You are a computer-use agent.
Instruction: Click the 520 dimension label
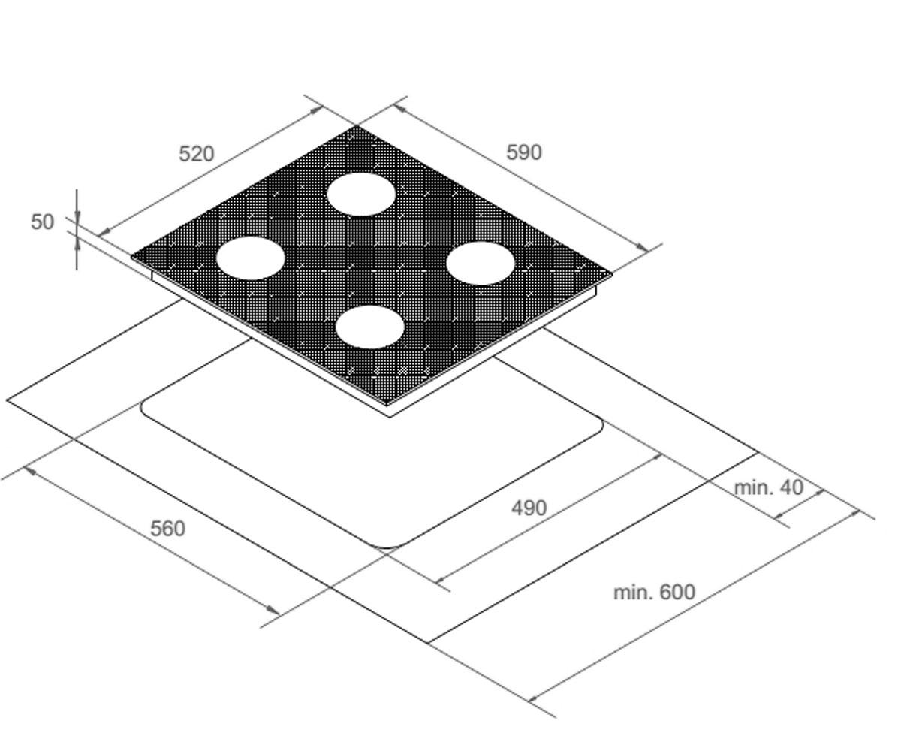tap(196, 154)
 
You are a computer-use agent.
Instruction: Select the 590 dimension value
tap(523, 152)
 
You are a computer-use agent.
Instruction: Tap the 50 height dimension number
tap(42, 222)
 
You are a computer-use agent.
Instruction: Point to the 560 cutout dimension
tap(168, 529)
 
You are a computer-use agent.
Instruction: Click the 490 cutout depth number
tap(529, 508)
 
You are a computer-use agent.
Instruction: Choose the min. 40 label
tap(769, 487)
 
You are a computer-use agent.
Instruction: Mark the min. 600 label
tap(654, 593)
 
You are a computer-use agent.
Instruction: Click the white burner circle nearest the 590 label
tap(361, 195)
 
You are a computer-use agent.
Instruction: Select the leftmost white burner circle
tap(250, 258)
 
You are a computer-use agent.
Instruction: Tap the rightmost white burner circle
tap(481, 264)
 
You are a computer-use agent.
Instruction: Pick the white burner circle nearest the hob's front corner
tap(369, 327)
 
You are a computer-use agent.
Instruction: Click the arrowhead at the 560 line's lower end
tap(273, 610)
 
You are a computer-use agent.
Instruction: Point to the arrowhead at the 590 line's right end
tap(642, 247)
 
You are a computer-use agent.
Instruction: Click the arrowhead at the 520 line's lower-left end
tap(105, 232)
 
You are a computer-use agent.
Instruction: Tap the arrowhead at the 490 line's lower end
tap(441, 580)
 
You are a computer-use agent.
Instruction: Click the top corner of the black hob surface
tap(357, 126)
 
